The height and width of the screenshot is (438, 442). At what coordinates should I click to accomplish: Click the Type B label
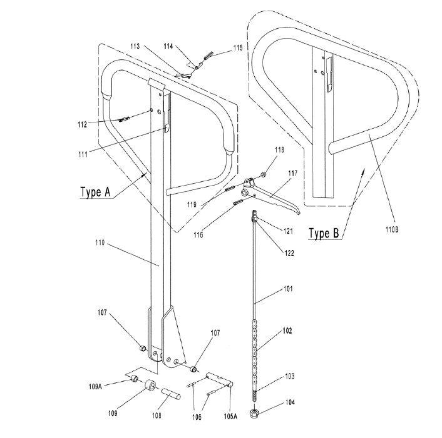(324, 234)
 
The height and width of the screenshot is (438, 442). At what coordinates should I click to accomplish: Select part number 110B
(392, 229)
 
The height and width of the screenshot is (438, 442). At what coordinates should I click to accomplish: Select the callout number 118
(279, 149)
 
